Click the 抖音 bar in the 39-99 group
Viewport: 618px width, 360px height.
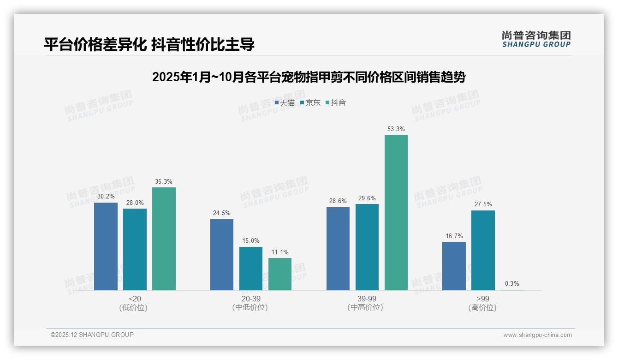pos(396,212)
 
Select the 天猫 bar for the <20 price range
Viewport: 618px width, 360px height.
pos(106,246)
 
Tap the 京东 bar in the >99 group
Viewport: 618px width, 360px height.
pos(483,250)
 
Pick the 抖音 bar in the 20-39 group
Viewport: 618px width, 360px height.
pos(280,274)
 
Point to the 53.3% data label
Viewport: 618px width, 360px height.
pos(396,129)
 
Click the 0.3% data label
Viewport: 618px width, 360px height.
pos(512,284)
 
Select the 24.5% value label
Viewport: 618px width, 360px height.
pos(222,213)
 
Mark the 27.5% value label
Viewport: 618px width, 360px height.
pos(483,204)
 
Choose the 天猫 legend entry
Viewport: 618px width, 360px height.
pos(285,103)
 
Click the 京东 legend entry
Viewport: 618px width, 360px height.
pos(310,103)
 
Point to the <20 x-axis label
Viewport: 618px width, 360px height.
pos(134,299)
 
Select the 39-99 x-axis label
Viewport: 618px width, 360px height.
pos(366,299)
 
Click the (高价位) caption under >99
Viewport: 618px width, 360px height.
pos(482,308)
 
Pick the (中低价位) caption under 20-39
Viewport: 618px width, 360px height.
pos(250,308)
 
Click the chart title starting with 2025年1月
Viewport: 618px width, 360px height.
pos(309,77)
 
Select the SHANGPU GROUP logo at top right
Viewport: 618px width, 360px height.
pos(536,39)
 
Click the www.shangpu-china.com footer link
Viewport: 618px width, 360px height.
pos(537,335)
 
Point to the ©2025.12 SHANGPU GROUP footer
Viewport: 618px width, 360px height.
pos(92,335)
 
